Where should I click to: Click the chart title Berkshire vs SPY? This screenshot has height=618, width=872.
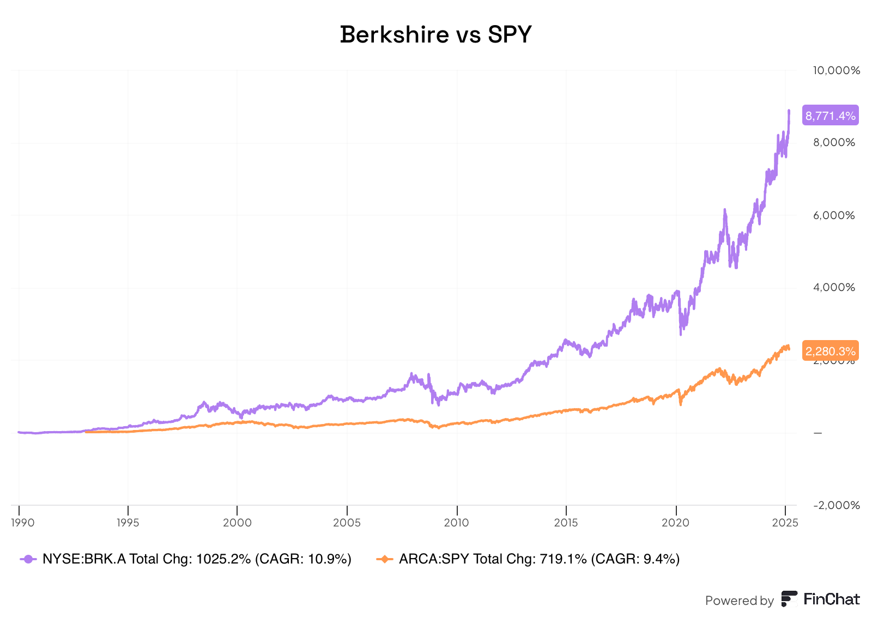(x=435, y=35)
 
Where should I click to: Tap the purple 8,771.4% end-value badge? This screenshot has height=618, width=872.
(x=830, y=116)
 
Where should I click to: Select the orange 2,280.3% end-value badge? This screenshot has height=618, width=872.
(x=830, y=351)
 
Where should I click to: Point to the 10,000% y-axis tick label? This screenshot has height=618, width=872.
(x=836, y=70)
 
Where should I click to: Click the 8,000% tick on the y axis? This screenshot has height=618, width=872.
(x=834, y=143)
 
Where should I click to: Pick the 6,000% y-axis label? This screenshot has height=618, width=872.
(x=834, y=215)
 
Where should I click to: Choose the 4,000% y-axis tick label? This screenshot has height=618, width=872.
(x=834, y=288)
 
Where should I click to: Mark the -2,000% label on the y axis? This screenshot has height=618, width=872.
(x=836, y=505)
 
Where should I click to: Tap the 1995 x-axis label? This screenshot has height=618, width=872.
(x=128, y=523)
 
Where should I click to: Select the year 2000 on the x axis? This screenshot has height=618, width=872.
(x=237, y=523)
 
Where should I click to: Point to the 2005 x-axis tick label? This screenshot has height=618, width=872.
(x=347, y=523)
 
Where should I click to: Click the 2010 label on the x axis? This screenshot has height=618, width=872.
(x=456, y=523)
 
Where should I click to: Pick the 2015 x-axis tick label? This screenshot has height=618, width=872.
(x=566, y=523)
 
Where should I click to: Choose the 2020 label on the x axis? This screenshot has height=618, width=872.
(x=675, y=523)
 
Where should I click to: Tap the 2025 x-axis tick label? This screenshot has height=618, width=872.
(x=785, y=523)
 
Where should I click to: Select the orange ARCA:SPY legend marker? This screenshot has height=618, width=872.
(x=385, y=559)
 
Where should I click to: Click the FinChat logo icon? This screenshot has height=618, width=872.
(x=789, y=599)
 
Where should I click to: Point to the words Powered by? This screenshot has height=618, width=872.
(x=739, y=601)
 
